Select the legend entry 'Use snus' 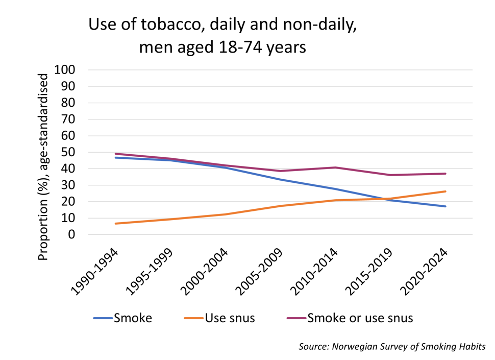[230, 318]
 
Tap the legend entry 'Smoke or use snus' [360, 318]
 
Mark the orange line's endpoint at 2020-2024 [446, 191]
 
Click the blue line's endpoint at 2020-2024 [446, 206]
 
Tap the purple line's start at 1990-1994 [115, 154]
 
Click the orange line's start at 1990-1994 [115, 224]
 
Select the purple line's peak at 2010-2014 [336, 167]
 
